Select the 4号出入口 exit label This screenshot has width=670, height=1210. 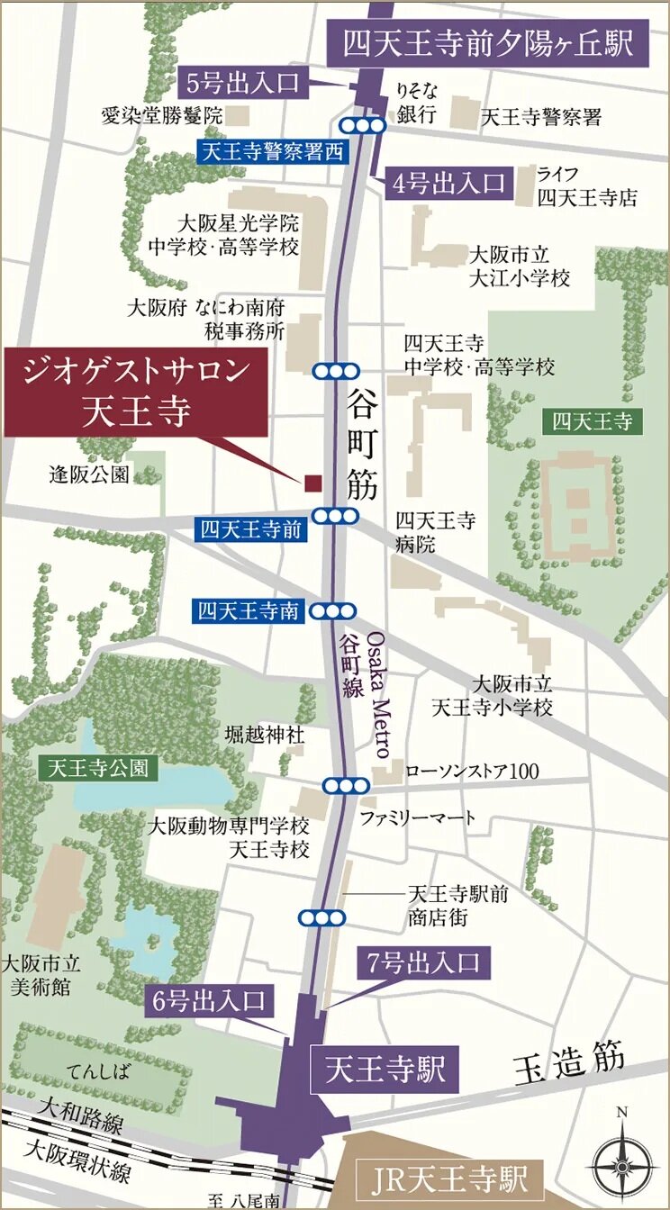click(448, 184)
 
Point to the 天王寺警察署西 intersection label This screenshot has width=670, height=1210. click(270, 152)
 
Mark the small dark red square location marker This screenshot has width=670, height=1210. click(312, 483)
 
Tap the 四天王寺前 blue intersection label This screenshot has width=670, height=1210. click(251, 529)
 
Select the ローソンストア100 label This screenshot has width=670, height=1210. click(472, 772)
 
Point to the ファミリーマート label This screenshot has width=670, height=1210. click(417, 817)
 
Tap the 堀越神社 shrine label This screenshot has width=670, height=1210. click(265, 736)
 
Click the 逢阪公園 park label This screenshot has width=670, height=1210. click(89, 474)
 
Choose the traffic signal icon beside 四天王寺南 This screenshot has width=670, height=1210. click(334, 612)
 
